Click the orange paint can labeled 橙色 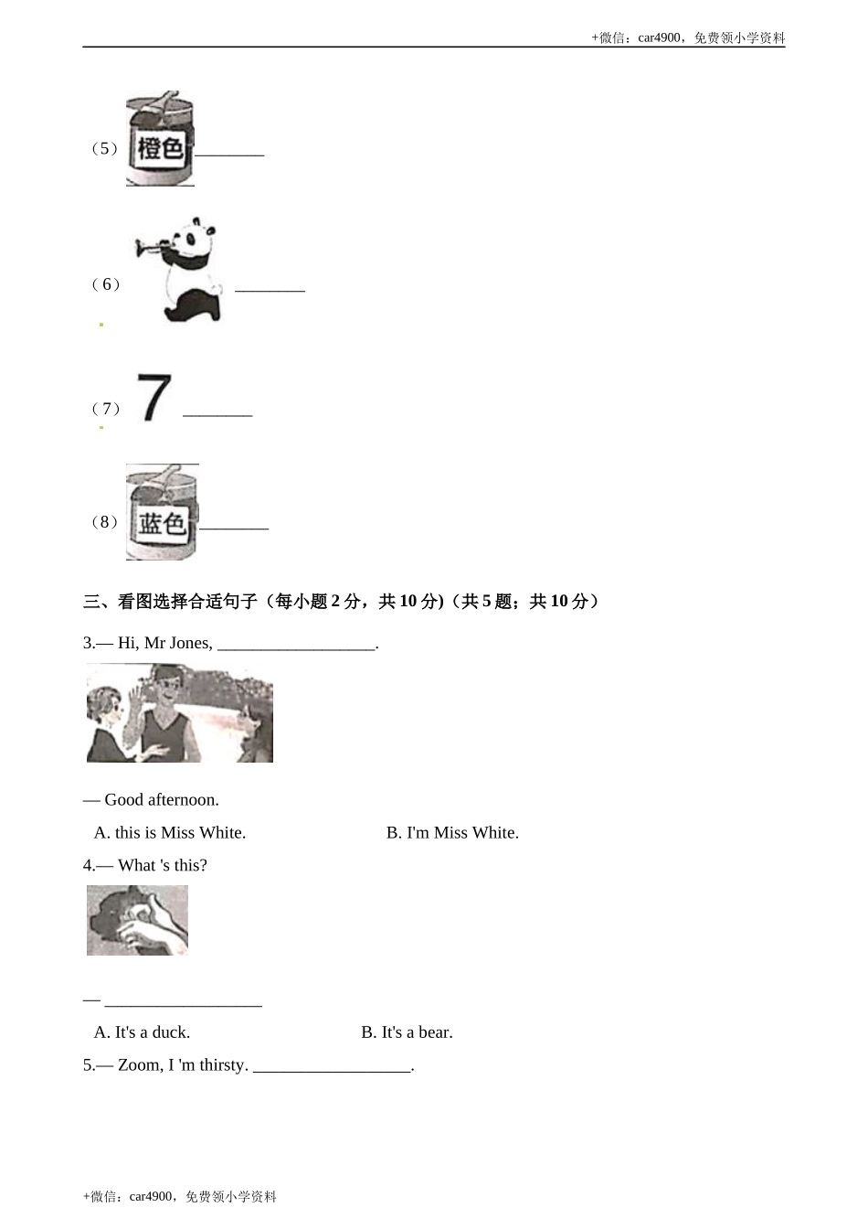[160, 140]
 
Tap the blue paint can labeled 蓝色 [162, 513]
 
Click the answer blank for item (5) [229, 153]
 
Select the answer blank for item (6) [270, 289]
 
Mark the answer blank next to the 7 [217, 413]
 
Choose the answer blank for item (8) [234, 527]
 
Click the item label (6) [105, 284]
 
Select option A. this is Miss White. [170, 832]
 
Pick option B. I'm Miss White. [452, 832]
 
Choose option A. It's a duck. [143, 1031]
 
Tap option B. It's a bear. [407, 1031]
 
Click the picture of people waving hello [180, 713]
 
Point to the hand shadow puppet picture [137, 920]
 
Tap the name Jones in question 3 [190, 643]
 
